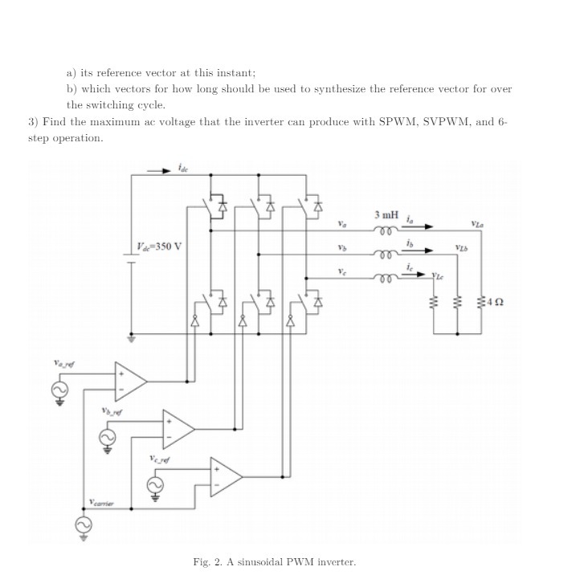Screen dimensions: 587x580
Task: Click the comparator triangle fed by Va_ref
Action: [x=131, y=381]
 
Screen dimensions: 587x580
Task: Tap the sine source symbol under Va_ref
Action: [x=59, y=389]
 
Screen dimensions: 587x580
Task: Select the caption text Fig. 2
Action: [x=208, y=561]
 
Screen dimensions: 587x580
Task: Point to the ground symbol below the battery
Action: [x=131, y=339]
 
